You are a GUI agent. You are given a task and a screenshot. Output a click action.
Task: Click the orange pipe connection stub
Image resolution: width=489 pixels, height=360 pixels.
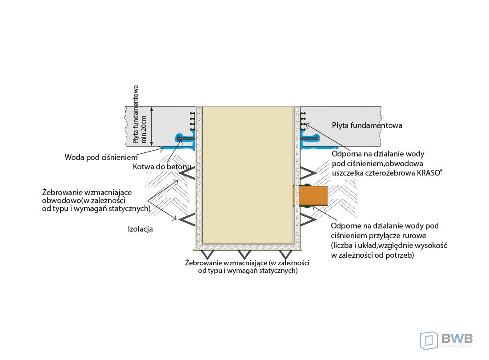tap(313, 196)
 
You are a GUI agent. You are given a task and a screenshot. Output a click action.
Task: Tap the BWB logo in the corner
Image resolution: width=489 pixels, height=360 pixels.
tap(446, 340)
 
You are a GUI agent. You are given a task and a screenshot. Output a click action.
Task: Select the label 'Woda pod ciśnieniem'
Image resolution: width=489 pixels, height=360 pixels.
tap(101, 157)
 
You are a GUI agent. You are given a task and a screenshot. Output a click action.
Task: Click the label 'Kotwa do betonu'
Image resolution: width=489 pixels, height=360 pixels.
tap(162, 167)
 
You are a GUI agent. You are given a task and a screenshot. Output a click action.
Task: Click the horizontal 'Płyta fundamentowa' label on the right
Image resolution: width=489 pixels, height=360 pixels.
tap(367, 125)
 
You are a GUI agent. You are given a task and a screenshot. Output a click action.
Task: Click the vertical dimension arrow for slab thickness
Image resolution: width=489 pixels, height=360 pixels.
tap(152, 126)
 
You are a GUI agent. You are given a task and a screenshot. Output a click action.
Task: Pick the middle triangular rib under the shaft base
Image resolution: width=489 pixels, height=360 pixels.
tap(244, 254)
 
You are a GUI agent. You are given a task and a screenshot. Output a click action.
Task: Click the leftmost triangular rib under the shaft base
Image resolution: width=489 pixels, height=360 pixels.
tap(207, 254)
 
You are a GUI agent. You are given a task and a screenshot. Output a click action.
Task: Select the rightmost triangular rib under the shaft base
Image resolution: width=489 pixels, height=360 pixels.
tap(284, 254)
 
